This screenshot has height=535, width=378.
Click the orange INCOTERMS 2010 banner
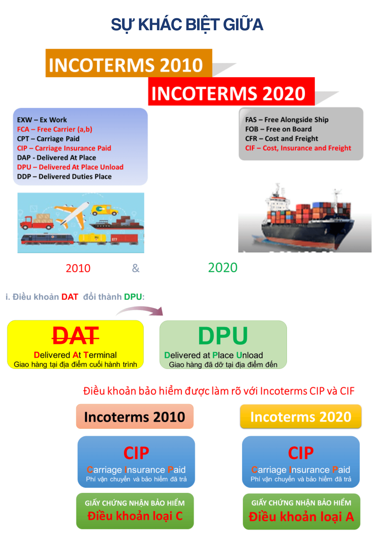[129, 63]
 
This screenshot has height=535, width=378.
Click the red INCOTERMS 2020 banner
[232, 91]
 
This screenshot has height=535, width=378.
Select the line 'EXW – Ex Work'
[42, 120]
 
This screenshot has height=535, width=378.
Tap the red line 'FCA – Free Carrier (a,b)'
[55, 129]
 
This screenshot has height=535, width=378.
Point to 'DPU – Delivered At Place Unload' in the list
[70, 167]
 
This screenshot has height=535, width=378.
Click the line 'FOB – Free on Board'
[279, 129]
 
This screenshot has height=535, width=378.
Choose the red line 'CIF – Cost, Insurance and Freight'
[298, 148]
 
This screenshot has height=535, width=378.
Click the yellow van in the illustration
[105, 210]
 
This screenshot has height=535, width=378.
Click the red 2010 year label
[78, 268]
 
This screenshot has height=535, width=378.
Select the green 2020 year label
[223, 268]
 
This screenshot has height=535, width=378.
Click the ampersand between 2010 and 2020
[136, 268]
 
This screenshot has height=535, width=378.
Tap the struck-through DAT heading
[76, 336]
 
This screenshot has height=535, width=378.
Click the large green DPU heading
[223, 336]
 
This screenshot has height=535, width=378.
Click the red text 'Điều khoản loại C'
[135, 516]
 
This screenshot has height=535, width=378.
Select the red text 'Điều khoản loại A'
[301, 517]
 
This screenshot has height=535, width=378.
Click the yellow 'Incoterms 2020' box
[301, 416]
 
